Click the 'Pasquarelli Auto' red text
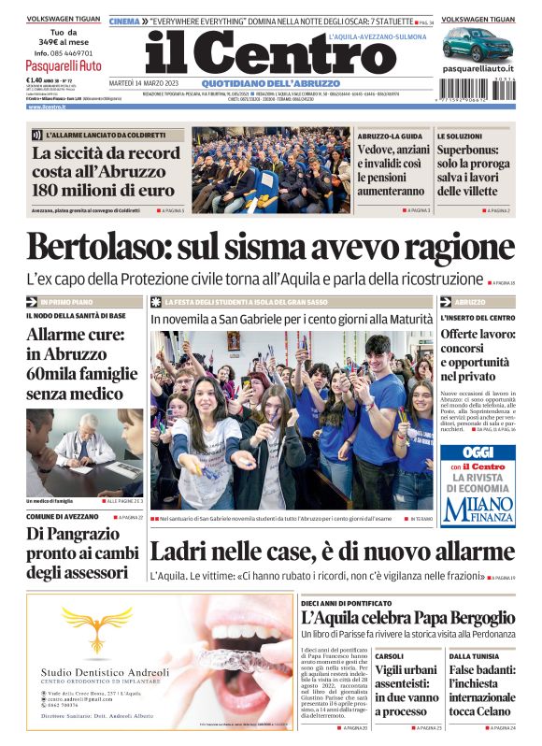point(64,66)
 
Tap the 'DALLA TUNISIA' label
point(472,657)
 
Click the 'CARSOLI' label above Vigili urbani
point(390,657)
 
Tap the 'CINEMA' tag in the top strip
point(124,21)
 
